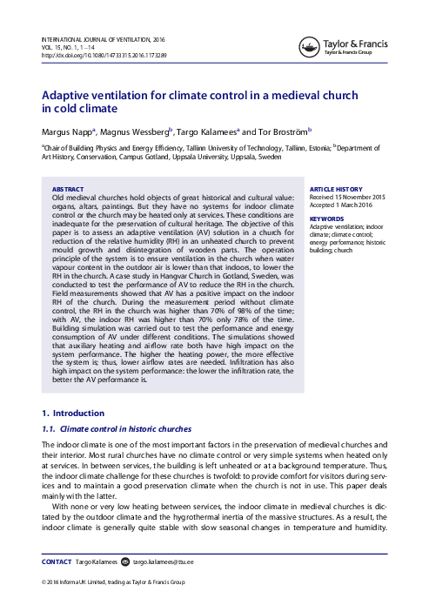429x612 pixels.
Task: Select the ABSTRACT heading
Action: coord(69,188)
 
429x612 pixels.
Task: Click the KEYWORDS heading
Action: coord(327,219)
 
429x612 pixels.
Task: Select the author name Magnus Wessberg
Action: coord(133,131)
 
